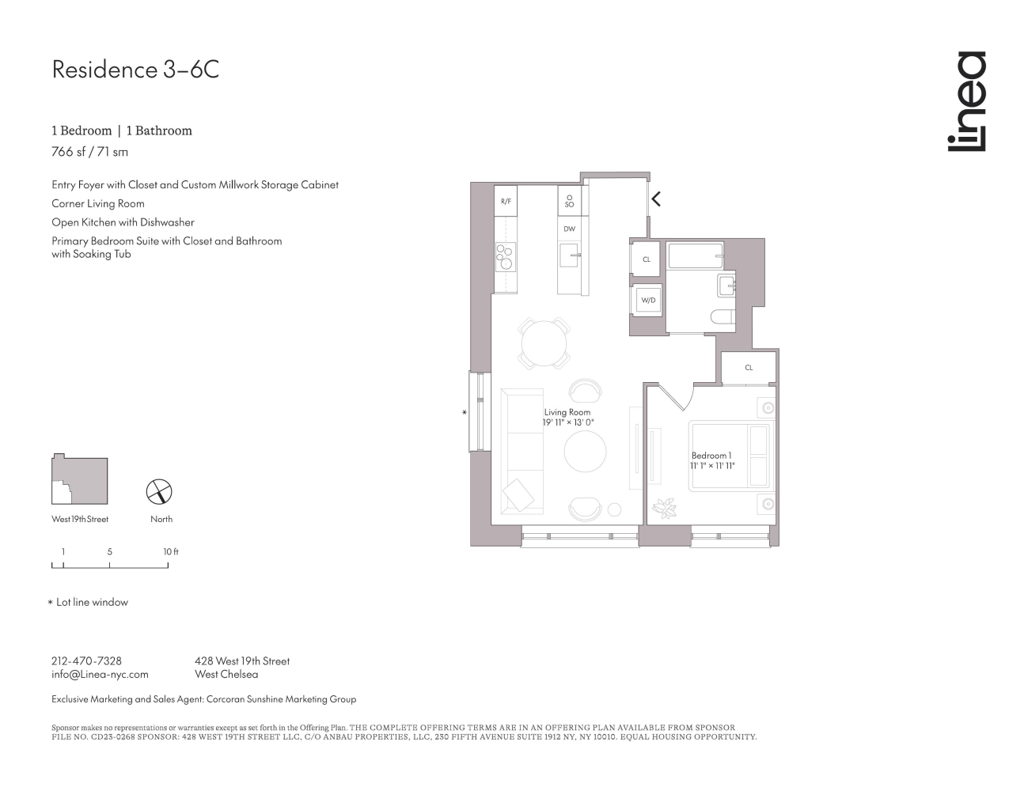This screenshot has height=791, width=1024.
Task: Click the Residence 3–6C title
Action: click(135, 70)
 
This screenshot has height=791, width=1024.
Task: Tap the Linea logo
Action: click(967, 101)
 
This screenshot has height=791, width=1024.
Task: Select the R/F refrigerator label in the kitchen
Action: click(506, 202)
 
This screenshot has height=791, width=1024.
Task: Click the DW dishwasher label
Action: click(569, 229)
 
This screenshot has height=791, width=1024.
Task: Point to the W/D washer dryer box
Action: click(648, 301)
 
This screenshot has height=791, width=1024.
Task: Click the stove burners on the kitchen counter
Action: click(505, 256)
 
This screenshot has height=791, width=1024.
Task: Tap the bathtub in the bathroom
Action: click(696, 255)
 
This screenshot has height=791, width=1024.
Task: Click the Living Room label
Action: click(567, 412)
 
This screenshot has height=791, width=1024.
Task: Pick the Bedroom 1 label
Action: click(711, 456)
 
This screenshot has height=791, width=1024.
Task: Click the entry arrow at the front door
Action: click(656, 199)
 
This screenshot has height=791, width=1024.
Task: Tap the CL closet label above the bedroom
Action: click(749, 367)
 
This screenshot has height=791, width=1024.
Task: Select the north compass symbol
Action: click(159, 492)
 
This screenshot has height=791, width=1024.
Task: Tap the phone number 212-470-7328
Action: click(86, 660)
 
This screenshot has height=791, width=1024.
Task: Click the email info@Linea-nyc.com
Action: click(100, 675)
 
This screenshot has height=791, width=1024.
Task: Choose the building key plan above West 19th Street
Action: click(79, 479)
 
